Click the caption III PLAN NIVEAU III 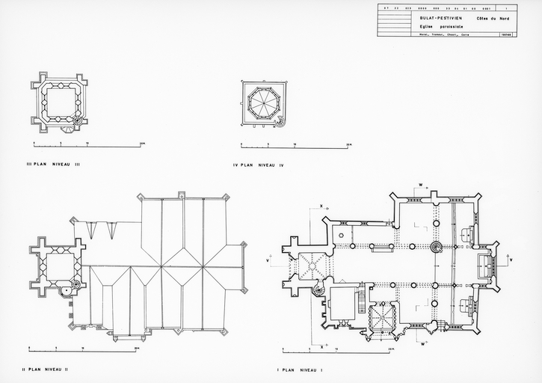point(52,162)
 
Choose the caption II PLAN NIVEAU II point(46,369)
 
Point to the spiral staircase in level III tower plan point(76,119)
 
